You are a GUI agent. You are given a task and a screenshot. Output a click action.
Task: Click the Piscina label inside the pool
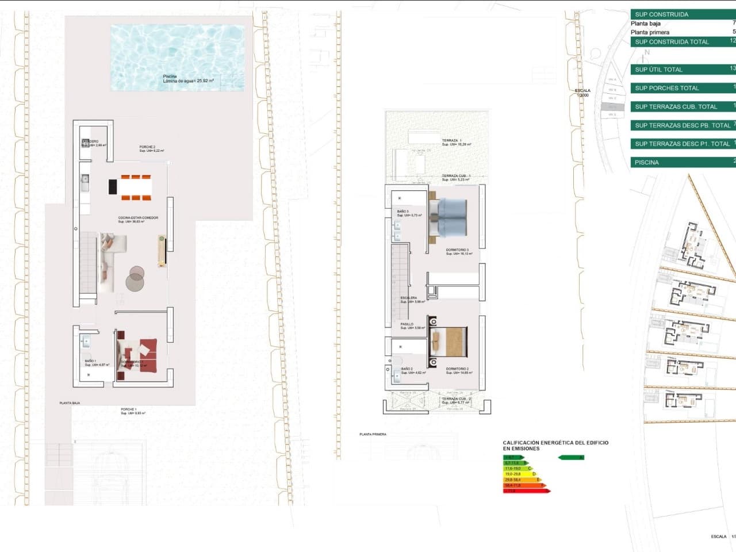pos(170,76)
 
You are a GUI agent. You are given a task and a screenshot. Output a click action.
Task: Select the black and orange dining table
pos(131,187)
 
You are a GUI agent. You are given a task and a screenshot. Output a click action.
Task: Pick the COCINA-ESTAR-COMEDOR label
pos(138,218)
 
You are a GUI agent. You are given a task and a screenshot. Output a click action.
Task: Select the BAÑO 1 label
pos(91,361)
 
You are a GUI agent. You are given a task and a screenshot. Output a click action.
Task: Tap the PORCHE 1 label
pos(128,410)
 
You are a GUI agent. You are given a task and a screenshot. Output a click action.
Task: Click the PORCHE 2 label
pos(147,147)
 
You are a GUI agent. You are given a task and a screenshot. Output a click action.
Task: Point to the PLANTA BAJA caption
pos(70,403)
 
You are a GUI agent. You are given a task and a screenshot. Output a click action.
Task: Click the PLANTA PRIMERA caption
pos(373,435)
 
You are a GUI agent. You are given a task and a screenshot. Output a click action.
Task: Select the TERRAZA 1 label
pos(451,141)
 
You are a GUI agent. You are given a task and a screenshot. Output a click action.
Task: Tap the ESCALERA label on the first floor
pos(409,298)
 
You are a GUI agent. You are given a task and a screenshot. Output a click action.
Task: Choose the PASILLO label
pos(407,324)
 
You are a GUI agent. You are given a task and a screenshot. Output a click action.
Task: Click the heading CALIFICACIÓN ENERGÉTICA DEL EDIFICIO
pos(555,443)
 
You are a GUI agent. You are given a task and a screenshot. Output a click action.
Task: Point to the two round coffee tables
pos(136,278)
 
